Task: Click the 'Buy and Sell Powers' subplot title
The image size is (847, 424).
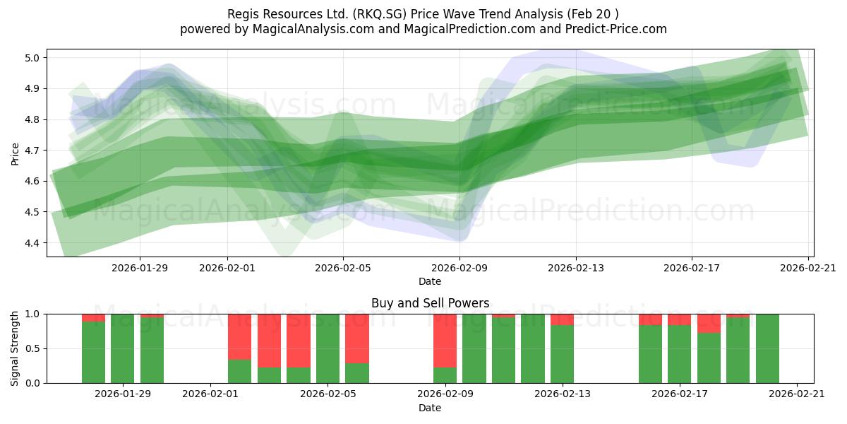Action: [x=430, y=303]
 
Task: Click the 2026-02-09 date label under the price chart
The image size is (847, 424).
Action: [x=459, y=268]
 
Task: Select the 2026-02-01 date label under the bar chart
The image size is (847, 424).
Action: [x=210, y=394]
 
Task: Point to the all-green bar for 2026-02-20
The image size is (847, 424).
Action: [x=767, y=348]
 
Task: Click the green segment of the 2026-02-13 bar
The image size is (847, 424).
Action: [x=562, y=354]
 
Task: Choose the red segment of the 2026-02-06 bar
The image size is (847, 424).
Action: [x=357, y=338]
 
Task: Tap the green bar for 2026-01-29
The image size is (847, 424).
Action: [x=123, y=348]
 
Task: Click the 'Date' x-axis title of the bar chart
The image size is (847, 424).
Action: [x=430, y=408]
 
